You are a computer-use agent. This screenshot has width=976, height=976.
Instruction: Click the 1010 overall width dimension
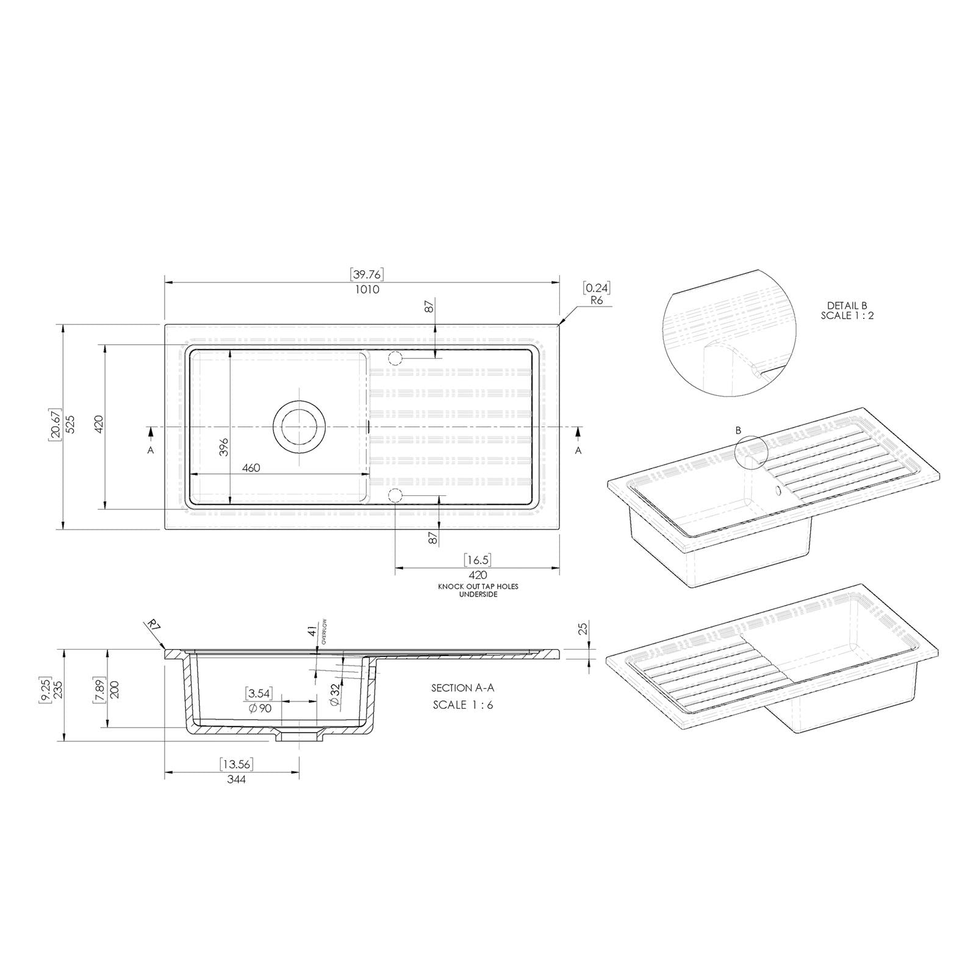[367, 289]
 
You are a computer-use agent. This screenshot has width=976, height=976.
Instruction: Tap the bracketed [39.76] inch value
[367, 274]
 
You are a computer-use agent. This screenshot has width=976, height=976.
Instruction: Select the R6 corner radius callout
[597, 301]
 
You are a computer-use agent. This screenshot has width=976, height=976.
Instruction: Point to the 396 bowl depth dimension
[223, 447]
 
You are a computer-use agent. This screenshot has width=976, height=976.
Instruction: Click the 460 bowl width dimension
[251, 468]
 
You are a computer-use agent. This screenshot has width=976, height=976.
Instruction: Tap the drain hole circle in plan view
[299, 427]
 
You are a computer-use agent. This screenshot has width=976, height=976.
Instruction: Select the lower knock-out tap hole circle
[395, 495]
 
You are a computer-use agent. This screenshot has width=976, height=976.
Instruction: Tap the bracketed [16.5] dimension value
[477, 560]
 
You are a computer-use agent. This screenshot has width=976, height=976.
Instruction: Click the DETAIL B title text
[847, 306]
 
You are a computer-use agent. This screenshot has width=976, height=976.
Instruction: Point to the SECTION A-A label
[462, 688]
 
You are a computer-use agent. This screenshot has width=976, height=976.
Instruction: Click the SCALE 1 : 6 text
[463, 705]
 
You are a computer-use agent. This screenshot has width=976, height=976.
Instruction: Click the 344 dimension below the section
[235, 779]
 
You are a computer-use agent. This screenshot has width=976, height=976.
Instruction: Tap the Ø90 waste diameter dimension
[260, 708]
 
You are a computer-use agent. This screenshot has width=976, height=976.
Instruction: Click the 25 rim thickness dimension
[582, 628]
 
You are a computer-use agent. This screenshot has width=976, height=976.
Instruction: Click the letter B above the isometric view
[738, 430]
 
